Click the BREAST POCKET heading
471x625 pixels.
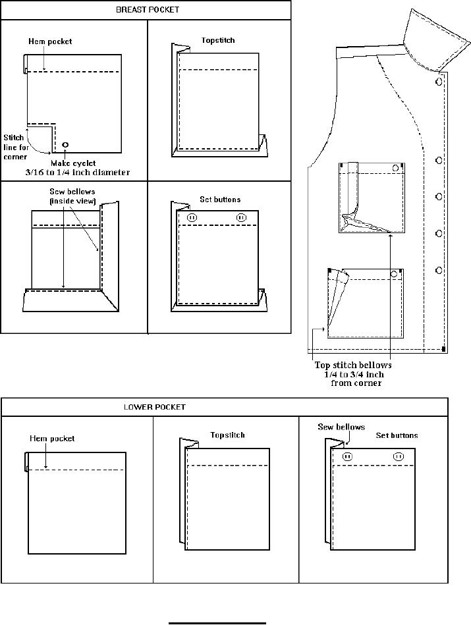click(x=147, y=10)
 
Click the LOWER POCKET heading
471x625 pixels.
click(x=155, y=407)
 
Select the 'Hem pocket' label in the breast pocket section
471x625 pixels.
click(x=50, y=41)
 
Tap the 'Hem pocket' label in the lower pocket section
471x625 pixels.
click(x=52, y=438)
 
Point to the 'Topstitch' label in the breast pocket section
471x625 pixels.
click(x=218, y=40)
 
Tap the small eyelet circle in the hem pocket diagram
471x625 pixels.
click(x=65, y=144)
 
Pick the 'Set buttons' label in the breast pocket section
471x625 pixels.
click(x=220, y=199)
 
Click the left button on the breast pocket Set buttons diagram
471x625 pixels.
click(x=192, y=217)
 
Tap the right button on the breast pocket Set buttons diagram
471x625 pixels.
click(x=241, y=217)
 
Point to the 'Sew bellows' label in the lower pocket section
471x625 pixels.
click(x=341, y=427)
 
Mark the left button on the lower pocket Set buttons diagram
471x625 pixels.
click(x=348, y=456)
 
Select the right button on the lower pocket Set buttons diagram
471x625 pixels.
click(x=398, y=456)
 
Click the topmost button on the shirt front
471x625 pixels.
click(x=439, y=82)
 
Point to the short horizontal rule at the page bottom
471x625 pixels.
click(x=217, y=622)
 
